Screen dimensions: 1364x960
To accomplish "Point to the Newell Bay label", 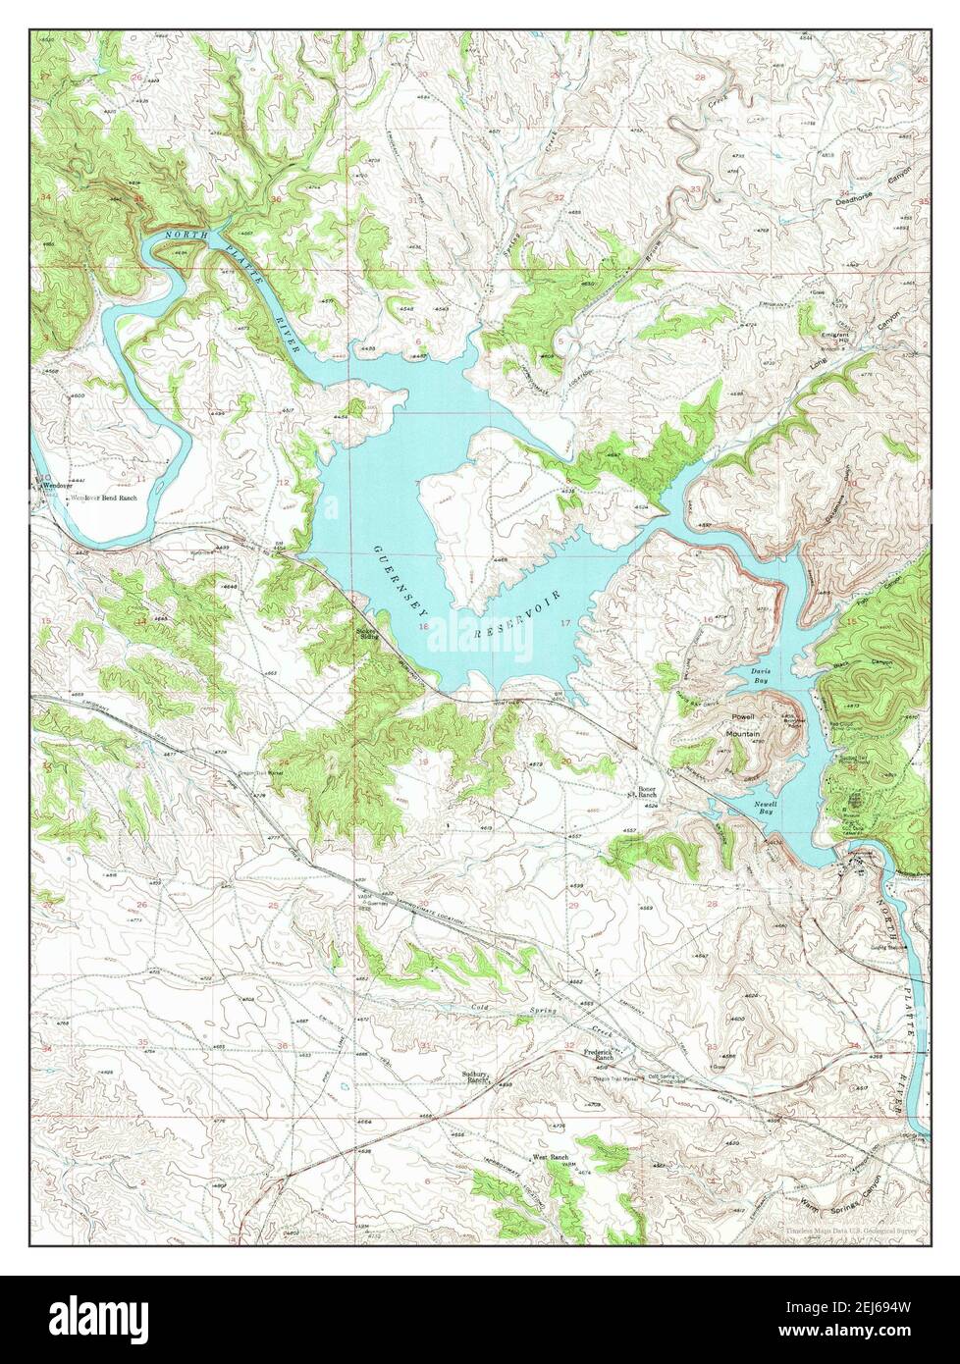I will (x=767, y=809).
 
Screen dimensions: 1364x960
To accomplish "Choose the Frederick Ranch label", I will (x=599, y=1056).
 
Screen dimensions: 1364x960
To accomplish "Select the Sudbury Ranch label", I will (x=476, y=1077).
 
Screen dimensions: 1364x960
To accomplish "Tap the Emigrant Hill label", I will (x=835, y=337).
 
